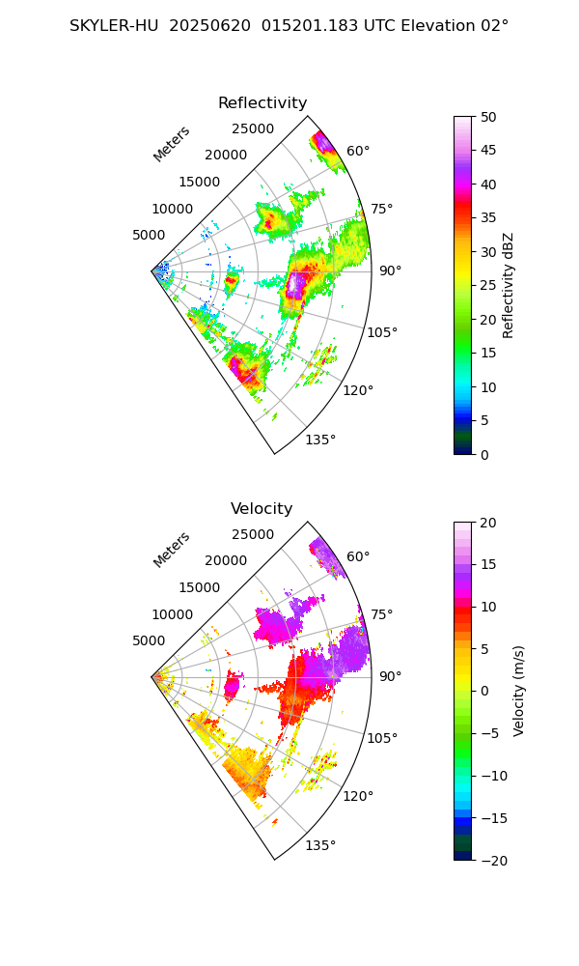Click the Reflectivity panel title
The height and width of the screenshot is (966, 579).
262,103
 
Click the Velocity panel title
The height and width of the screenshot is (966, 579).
262,509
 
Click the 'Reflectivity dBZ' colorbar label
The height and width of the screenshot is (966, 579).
509,285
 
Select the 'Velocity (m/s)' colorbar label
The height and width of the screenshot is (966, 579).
519,691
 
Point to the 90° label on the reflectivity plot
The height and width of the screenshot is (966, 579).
390,270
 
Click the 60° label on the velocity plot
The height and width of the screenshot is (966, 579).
358,556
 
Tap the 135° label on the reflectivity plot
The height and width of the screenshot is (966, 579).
320,440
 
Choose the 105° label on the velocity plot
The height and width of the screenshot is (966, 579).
382,738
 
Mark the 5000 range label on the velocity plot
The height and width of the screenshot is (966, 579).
149,640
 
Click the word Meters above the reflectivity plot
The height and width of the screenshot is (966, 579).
172,144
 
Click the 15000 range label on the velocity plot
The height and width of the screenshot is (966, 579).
199,587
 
